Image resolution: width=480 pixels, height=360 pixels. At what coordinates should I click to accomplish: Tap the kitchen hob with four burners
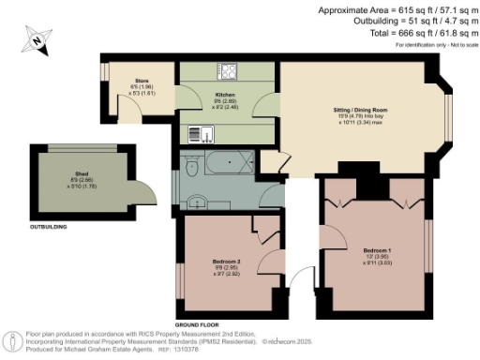[x=226, y=70]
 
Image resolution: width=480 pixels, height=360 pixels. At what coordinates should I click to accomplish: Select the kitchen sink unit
[x=200, y=133]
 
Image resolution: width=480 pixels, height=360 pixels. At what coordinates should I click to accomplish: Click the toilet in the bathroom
[x=191, y=168]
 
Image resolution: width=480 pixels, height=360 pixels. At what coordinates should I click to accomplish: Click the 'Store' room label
[x=142, y=82]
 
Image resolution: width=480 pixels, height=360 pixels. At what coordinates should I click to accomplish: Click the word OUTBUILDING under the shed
[x=52, y=226]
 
